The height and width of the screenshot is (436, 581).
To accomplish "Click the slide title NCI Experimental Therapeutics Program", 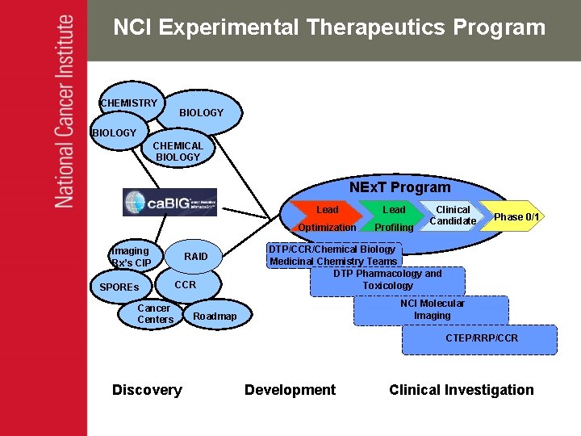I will [x=329, y=27].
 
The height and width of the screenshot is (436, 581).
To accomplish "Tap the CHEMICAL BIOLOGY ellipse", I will [x=178, y=151].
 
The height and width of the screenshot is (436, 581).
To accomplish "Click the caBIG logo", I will [x=169, y=202].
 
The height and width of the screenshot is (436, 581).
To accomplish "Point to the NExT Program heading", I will [x=399, y=187].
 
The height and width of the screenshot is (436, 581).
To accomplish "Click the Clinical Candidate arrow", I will [x=453, y=215].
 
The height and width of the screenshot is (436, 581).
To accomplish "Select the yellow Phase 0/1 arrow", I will [x=515, y=216].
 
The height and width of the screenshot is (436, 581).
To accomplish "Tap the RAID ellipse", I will [x=196, y=257].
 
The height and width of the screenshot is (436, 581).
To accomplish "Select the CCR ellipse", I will [x=186, y=285].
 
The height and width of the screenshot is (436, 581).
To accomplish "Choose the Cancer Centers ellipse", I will [x=154, y=314].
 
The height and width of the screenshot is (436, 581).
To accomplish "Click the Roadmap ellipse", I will [x=215, y=317].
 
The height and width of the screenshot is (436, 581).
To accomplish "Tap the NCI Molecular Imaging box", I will [x=433, y=310].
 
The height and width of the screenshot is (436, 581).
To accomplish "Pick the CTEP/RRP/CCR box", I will [x=482, y=338].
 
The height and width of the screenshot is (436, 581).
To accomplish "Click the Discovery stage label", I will [x=147, y=390].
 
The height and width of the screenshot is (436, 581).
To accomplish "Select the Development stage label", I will [x=290, y=390].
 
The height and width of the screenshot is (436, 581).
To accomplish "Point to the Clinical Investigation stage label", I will [x=461, y=390].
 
